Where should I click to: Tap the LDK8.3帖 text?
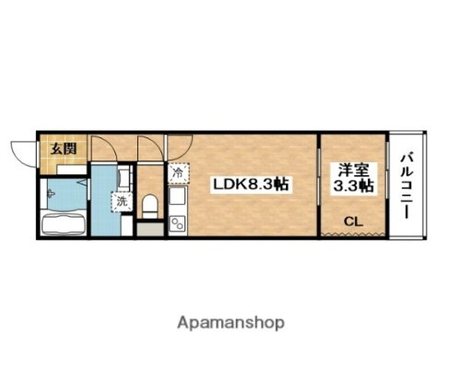[x=252, y=184]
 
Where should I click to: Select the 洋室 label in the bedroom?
[x=349, y=171]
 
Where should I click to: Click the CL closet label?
[x=352, y=221]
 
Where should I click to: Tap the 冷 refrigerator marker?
[x=177, y=172]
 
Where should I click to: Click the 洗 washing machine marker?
[x=121, y=200]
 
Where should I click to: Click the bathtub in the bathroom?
[x=64, y=225]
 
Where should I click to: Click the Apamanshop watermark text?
[x=230, y=323]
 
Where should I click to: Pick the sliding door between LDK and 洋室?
[x=319, y=184]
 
